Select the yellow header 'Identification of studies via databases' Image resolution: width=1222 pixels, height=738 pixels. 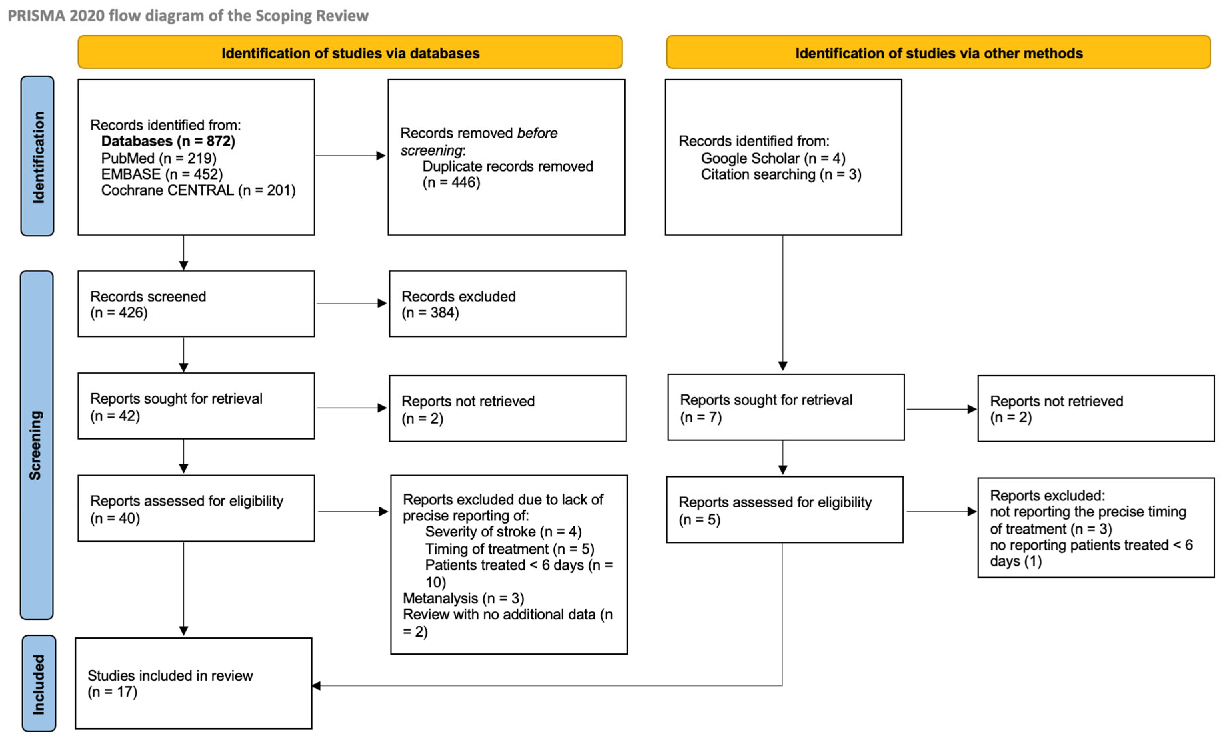pos(350,52)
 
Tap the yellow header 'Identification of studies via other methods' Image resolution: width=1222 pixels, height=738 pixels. pos(938,52)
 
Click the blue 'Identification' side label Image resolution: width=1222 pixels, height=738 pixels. pos(37,156)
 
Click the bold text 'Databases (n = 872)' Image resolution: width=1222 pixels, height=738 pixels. pos(168,141)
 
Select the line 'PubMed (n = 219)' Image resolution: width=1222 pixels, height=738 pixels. pos(159,158)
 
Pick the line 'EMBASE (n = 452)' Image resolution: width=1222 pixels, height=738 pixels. pos(162,174)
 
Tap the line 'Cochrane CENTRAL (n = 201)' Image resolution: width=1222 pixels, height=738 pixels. pos(198,190)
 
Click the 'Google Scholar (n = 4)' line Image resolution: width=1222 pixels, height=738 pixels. pos(773,158)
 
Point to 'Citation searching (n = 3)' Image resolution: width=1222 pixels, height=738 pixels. pos(781,175)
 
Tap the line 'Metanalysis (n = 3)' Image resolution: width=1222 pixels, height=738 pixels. pos(464,599)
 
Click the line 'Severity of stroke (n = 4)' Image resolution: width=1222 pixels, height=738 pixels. pos(503,532)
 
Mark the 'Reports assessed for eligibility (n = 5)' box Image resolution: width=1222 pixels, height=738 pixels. pos(785,510)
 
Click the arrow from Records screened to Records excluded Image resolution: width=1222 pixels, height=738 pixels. pos(352,303)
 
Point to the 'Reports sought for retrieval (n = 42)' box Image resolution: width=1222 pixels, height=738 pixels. pos(196,406)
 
